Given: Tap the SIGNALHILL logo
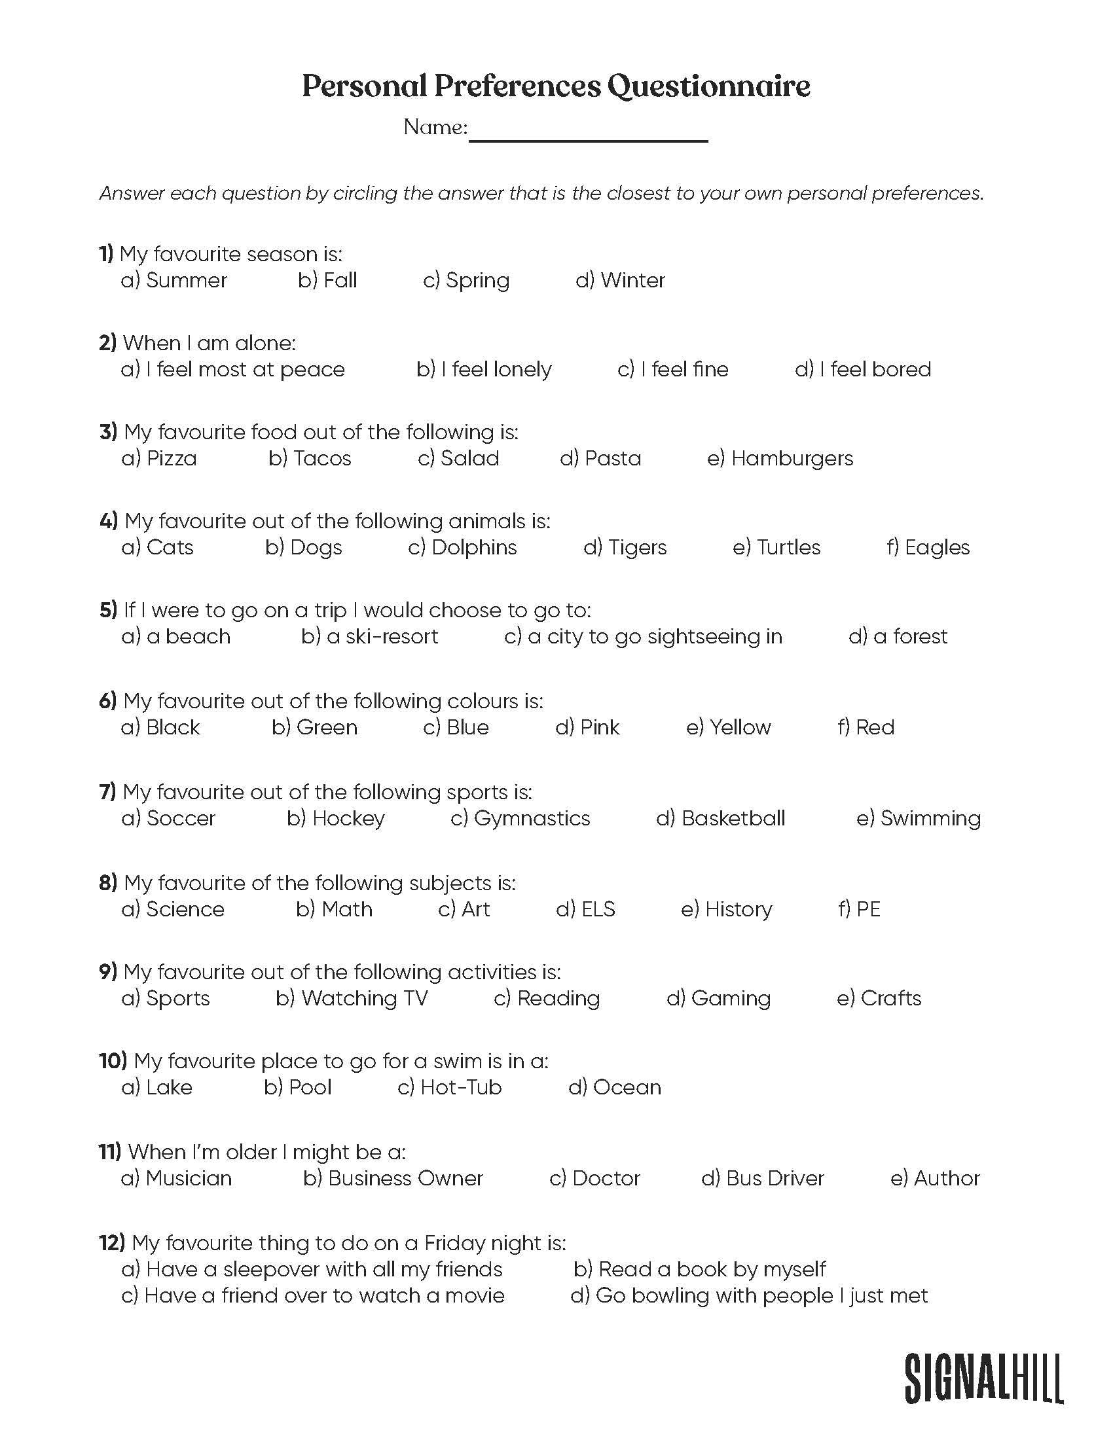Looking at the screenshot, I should point(983,1377).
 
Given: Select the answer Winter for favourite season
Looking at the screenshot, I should point(621,280).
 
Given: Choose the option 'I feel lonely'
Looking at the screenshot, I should point(484,369).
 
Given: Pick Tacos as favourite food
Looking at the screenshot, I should point(310,458).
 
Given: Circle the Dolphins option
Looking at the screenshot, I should point(462,547).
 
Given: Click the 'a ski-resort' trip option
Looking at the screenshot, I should point(370,636).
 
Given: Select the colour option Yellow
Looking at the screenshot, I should point(729,727).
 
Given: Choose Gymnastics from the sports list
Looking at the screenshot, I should point(520,818).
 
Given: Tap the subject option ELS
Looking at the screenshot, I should point(585,909).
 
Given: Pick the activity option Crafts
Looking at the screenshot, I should point(879,998).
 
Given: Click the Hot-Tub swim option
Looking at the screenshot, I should point(450,1087).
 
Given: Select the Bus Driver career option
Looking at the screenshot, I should point(763,1178).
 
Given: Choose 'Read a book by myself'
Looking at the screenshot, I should point(700,1269).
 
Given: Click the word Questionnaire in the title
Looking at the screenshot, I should point(708,86).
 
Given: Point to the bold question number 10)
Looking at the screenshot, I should point(113,1061).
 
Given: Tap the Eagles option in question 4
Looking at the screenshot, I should point(928,547).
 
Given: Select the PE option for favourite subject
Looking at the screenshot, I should point(859,909).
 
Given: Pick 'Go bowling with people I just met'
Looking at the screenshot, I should point(749,1295).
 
